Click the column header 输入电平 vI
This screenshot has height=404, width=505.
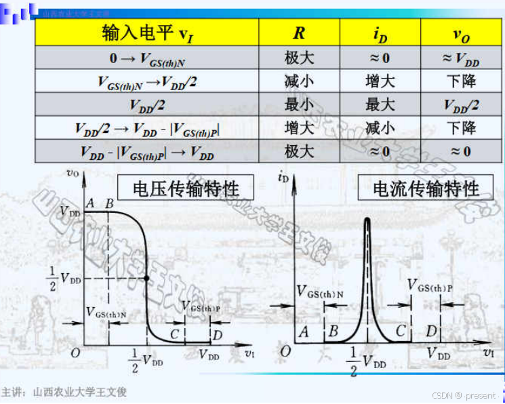point(146,33)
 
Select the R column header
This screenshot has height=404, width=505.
point(298,33)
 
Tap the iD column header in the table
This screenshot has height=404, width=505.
point(380,33)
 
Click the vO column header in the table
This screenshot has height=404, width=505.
point(461,33)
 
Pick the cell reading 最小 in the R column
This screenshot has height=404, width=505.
point(298,104)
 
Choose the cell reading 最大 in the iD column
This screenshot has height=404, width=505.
point(380,104)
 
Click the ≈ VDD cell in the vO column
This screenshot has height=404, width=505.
point(461,58)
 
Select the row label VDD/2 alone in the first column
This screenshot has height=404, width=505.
point(146,105)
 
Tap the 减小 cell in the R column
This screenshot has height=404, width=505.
point(298,81)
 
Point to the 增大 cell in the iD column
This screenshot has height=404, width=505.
point(380,81)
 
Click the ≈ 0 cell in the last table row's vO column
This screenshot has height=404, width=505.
point(461,150)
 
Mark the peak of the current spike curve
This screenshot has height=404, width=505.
point(368,219)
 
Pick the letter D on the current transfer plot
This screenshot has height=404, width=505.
point(431,331)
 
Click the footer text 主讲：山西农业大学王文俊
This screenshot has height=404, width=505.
point(64,392)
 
